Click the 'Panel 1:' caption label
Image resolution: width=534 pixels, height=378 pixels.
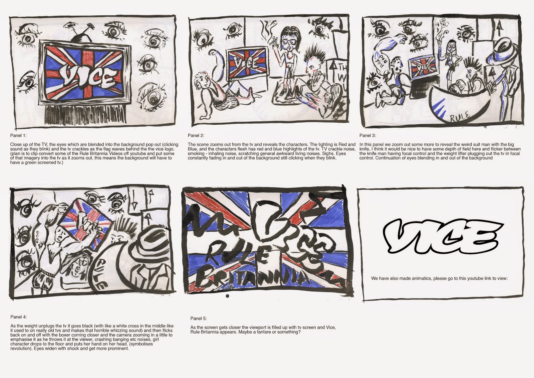[x=18, y=135]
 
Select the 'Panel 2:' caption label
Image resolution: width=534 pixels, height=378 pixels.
[x=196, y=135]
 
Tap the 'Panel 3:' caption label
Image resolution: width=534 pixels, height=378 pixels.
[x=367, y=135]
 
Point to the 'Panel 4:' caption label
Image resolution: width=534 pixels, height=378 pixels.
[x=18, y=317]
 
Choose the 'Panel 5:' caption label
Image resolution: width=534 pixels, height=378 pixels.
[x=199, y=318]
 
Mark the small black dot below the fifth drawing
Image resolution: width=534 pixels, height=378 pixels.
[x=228, y=296]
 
